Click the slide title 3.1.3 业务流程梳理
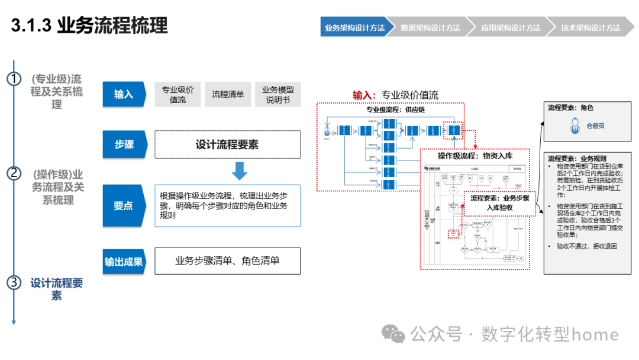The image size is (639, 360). [x=89, y=25]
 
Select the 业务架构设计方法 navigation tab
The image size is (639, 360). [x=354, y=28]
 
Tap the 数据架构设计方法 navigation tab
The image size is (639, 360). [x=430, y=28]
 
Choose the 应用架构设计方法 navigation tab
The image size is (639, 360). [x=510, y=28]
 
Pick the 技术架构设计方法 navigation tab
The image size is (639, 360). [x=590, y=28]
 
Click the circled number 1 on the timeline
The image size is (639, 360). [x=14, y=79]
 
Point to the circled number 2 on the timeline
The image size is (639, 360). [x=14, y=173]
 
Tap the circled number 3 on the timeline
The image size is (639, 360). [x=14, y=282]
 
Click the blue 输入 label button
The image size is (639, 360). [x=124, y=94]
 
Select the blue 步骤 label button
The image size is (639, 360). [x=124, y=144]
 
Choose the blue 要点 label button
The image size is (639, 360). [x=124, y=205]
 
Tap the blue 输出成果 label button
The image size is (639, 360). [x=124, y=261]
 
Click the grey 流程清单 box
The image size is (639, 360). [x=228, y=94]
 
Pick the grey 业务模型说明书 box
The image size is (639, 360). [x=277, y=94]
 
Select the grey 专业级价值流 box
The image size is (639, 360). [x=177, y=94]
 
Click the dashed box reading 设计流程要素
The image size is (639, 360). [x=227, y=144]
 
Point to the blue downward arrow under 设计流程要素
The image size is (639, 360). [x=239, y=171]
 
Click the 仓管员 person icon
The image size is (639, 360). [x=573, y=126]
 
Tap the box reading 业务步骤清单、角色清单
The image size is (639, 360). [x=227, y=261]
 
